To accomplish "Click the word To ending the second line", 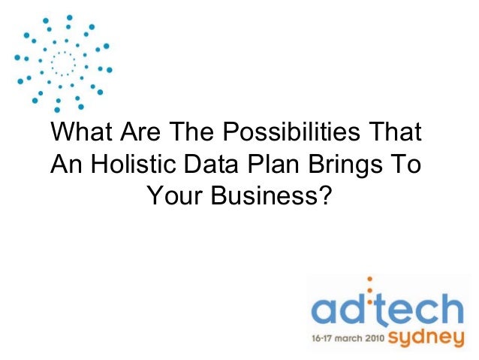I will (x=406, y=165).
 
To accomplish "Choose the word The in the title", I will (x=194, y=133).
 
